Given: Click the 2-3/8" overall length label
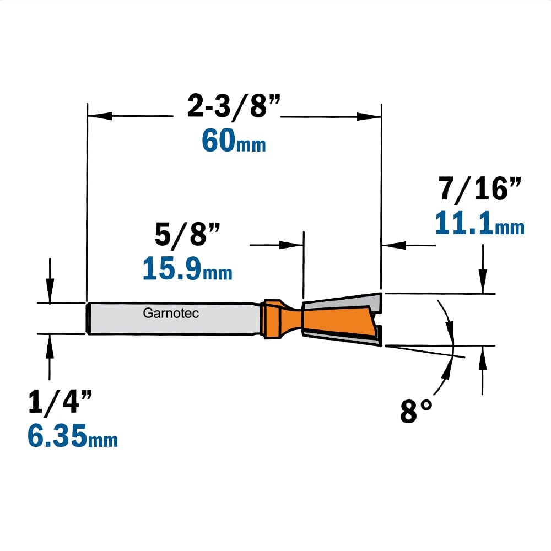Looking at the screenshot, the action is (234, 105).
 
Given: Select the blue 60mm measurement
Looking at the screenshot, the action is (234, 141).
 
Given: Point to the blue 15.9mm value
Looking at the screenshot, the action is (187, 268).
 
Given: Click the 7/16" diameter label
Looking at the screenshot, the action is (479, 188).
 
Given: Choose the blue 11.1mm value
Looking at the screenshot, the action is (480, 223).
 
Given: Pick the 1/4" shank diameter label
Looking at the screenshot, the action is (60, 401).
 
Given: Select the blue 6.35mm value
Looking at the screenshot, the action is (72, 435).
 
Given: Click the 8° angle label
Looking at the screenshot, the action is (416, 411).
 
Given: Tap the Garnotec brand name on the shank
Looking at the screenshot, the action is (171, 313).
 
